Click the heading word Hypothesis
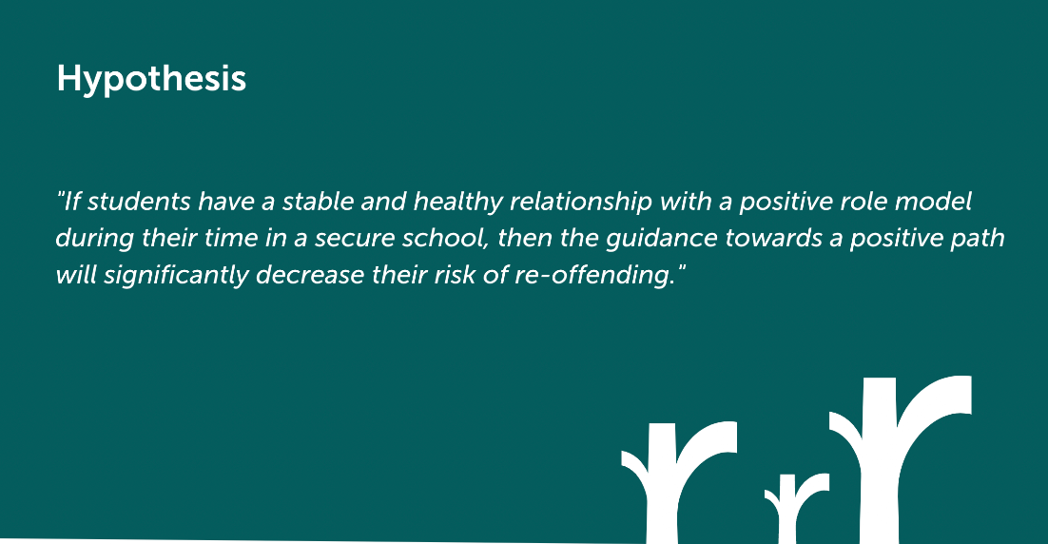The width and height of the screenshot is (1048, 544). (152, 80)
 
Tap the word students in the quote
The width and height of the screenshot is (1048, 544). (138, 202)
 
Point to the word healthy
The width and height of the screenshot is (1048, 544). (457, 203)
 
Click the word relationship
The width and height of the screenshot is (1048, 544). (581, 203)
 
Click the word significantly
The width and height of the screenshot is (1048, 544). (176, 276)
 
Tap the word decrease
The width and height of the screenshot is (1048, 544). (310, 275)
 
